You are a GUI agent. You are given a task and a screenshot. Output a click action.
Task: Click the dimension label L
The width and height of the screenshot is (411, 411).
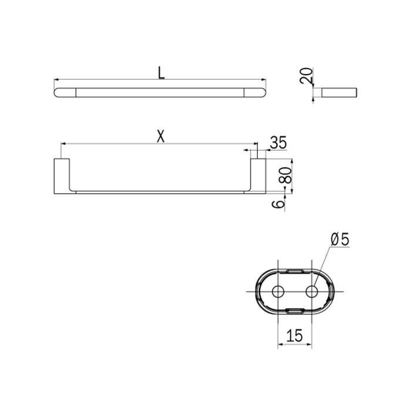point(160,72)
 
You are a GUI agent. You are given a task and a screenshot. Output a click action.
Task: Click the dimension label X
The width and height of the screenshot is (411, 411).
point(160,136)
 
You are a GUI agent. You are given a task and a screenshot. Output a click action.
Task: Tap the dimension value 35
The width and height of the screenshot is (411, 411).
point(278,143)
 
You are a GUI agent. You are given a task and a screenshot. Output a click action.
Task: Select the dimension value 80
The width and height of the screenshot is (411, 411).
point(287,176)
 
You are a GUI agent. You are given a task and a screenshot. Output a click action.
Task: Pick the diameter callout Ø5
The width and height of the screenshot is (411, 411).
point(340,240)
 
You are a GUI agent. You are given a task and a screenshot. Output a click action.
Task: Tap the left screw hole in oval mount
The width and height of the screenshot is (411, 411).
point(278,292)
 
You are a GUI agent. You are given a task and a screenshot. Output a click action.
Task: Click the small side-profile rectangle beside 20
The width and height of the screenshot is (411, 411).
point(339,92)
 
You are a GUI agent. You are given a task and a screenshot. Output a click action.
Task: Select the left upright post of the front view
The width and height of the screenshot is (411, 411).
point(62,174)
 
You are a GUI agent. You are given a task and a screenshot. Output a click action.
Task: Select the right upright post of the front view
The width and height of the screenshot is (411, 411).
point(258,174)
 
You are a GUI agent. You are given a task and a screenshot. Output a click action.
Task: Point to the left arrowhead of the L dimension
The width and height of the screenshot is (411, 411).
point(56,79)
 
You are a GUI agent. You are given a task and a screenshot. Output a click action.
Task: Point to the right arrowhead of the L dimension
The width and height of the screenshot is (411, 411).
point(264,79)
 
